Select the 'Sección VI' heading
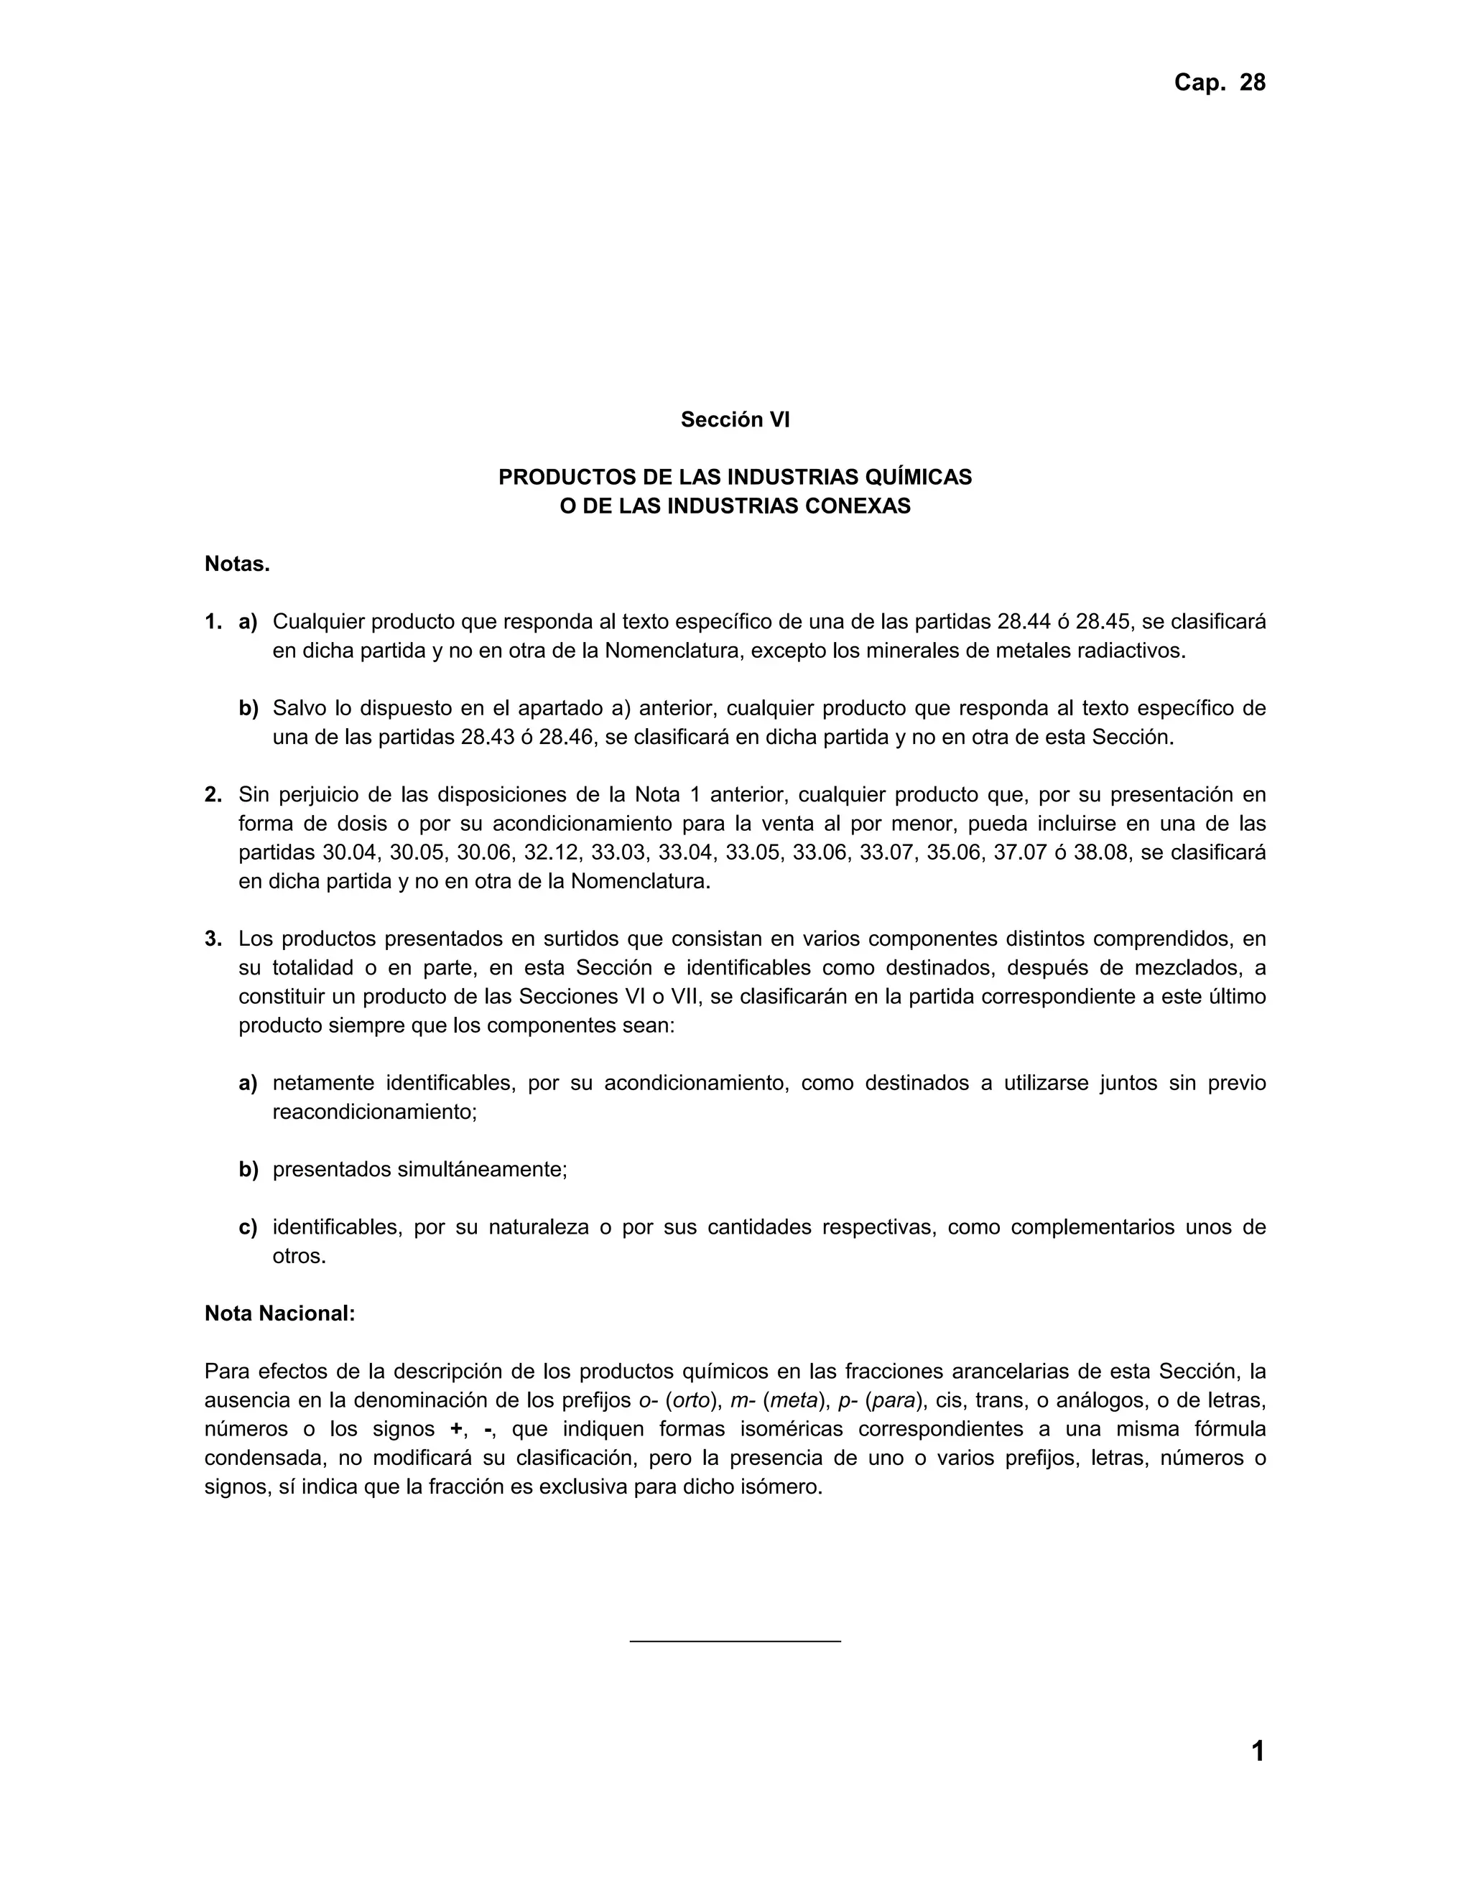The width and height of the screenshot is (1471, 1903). [735, 420]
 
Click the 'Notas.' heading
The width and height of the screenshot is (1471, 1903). [237, 564]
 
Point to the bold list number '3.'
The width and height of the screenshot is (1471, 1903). [213, 939]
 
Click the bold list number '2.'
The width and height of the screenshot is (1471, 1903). [213, 795]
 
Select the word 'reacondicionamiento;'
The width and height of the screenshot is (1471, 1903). [375, 1112]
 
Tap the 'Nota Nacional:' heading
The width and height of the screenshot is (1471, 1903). [279, 1314]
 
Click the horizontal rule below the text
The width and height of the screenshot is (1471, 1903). [735, 1642]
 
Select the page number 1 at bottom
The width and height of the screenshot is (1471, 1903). [1258, 1751]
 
